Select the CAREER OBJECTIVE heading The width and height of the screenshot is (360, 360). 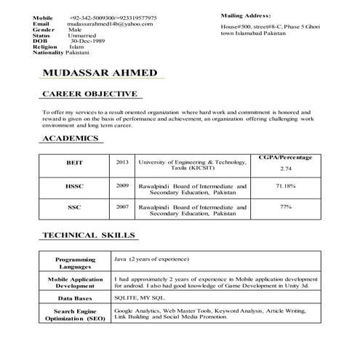pos(89,95)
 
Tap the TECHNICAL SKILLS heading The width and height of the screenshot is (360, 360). pos(89,236)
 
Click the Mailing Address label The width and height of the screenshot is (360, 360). pos(246,15)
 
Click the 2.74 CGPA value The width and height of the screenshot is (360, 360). pos(284,169)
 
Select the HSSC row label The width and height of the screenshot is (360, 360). pos(75,186)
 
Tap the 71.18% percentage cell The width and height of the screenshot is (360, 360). pos(284,186)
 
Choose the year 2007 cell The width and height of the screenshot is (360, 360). pos(121,207)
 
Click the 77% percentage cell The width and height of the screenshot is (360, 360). pos(284,207)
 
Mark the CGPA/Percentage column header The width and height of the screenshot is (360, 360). pos(284,156)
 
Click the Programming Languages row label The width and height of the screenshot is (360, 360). pos(75,263)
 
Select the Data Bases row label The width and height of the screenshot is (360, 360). pos(75,298)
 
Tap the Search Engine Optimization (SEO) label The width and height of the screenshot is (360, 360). pos(75,315)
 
